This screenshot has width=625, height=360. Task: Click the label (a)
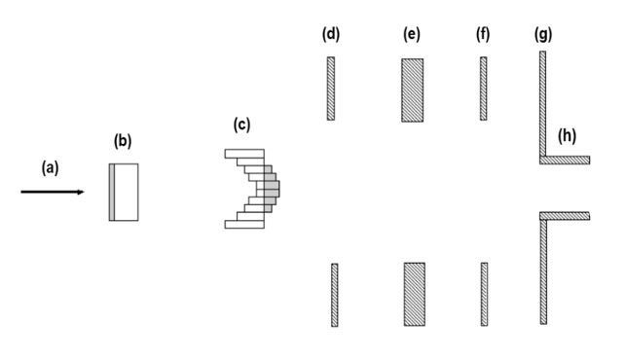(50, 167)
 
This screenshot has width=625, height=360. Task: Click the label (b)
(123, 142)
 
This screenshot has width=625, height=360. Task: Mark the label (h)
(567, 134)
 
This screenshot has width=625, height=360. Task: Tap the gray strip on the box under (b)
(113, 192)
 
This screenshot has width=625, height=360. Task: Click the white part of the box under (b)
(128, 192)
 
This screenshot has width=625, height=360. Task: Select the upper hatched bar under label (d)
(331, 88)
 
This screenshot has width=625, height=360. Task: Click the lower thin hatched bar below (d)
(334, 294)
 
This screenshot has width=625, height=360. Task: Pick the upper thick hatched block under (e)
(412, 90)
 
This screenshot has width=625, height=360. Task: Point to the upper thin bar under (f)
(483, 88)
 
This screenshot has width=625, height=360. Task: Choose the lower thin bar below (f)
(484, 294)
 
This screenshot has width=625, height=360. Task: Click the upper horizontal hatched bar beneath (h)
(566, 160)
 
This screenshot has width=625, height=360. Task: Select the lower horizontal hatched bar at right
(566, 215)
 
